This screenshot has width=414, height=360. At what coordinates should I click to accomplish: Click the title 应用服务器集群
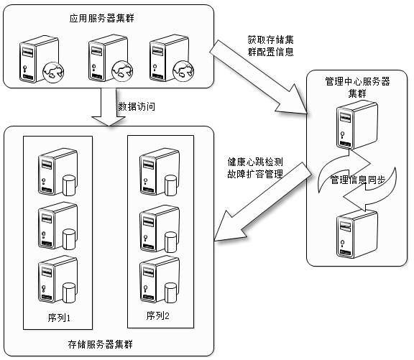tap(101, 18)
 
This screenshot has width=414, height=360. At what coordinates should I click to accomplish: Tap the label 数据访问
tap(137, 106)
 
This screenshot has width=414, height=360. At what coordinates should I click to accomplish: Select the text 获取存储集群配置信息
tap(271, 46)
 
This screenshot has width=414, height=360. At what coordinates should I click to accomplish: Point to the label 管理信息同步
tap(358, 180)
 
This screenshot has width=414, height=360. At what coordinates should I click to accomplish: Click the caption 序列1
tap(59, 318)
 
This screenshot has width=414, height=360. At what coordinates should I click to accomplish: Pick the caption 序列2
tap(158, 315)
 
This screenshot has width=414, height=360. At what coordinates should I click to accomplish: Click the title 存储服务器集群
tap(101, 344)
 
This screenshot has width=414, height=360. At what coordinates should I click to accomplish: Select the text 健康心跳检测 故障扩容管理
tap(255, 168)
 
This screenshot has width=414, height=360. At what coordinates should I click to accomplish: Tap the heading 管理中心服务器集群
tap(357, 87)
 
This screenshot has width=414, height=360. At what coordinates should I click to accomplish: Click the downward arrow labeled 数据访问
tap(109, 107)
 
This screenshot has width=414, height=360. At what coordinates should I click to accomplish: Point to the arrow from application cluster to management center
tap(259, 78)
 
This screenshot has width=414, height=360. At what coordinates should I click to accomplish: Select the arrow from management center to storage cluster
tap(263, 201)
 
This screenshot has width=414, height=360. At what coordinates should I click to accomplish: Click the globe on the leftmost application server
tap(53, 72)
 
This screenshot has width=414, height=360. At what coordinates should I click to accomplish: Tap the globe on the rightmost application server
tap(183, 70)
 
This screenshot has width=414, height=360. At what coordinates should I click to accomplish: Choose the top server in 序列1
tap(57, 172)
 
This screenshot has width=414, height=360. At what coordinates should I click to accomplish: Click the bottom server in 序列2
tap(160, 280)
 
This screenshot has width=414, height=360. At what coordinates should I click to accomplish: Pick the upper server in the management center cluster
tap(357, 125)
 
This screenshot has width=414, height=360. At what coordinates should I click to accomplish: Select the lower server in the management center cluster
tap(357, 234)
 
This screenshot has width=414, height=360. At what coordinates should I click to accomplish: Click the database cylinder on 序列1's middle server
tap(69, 239)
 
